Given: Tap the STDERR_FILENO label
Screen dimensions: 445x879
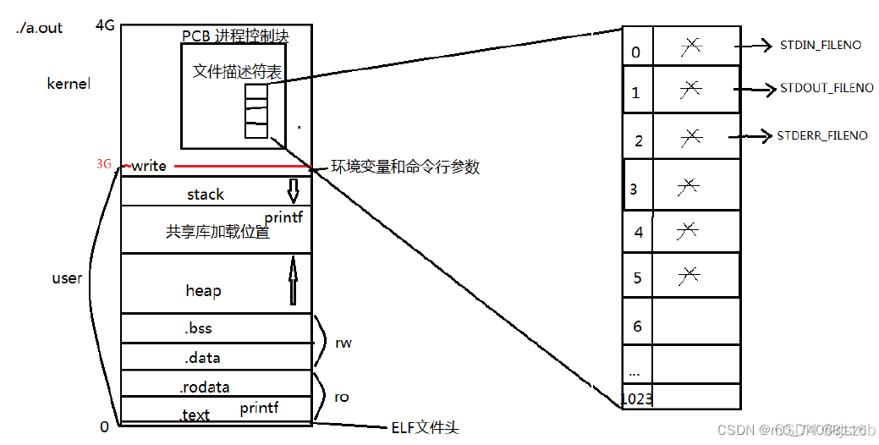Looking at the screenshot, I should click(821, 135).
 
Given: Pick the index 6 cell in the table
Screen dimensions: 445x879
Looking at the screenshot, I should click(637, 326).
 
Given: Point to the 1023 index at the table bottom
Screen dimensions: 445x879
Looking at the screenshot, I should click(636, 398).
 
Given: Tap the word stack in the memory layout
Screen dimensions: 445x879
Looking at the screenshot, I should click(206, 195).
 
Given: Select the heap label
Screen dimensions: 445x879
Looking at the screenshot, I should click(203, 291).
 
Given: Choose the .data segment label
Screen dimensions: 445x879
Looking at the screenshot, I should click(202, 358).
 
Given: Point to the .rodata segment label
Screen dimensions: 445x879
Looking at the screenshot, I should click(204, 387).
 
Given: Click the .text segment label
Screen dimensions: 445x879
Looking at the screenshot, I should click(194, 415).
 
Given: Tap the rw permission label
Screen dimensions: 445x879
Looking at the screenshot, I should click(343, 343).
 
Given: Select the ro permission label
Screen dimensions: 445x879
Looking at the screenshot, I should click(341, 397).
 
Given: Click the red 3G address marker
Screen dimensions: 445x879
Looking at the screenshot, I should click(104, 164).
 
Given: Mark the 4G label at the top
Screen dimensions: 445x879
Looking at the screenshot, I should click(105, 25).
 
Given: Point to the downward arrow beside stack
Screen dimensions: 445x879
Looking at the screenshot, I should click(294, 191).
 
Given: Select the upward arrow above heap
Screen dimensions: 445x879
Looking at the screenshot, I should click(294, 281).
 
